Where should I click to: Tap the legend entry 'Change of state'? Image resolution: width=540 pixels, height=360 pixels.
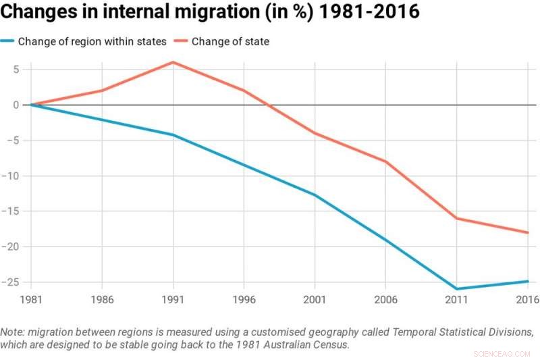coord(230,42)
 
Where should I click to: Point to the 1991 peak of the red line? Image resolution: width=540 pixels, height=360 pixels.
coord(173,62)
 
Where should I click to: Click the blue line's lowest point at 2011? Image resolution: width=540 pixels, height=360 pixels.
coord(456,289)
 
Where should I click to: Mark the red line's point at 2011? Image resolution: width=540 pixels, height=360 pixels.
coord(456,218)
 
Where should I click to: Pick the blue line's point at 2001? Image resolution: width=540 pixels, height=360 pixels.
coord(315,195)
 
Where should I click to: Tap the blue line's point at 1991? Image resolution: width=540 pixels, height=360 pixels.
coord(173,135)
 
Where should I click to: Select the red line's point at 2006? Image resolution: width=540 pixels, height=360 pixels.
coord(385,161)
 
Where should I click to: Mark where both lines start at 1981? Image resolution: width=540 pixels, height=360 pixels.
coord(31,105)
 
